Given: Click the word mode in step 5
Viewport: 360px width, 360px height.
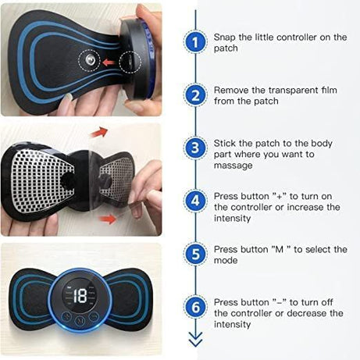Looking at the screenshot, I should tap(226, 260).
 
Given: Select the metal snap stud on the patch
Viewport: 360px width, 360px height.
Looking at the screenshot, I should tap(92, 60).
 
